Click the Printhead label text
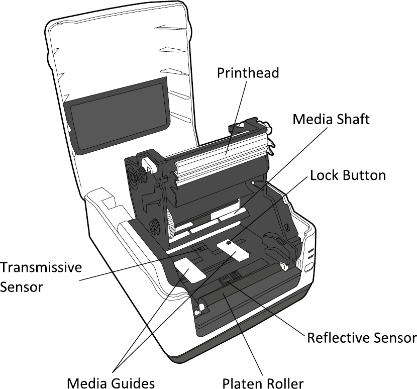coord(248,73)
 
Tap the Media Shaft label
coord(331,120)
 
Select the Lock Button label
coord(348,175)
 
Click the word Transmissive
coord(41,267)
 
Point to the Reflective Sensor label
coord(362,338)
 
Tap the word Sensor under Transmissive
coord(22,287)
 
